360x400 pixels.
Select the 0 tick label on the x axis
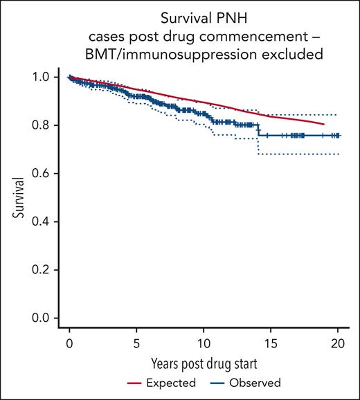point(69,343)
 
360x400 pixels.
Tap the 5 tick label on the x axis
point(136,343)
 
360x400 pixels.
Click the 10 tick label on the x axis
point(204,343)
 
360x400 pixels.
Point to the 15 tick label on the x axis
point(271,343)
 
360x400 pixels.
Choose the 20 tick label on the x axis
point(338,343)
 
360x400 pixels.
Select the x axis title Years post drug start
point(204,363)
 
